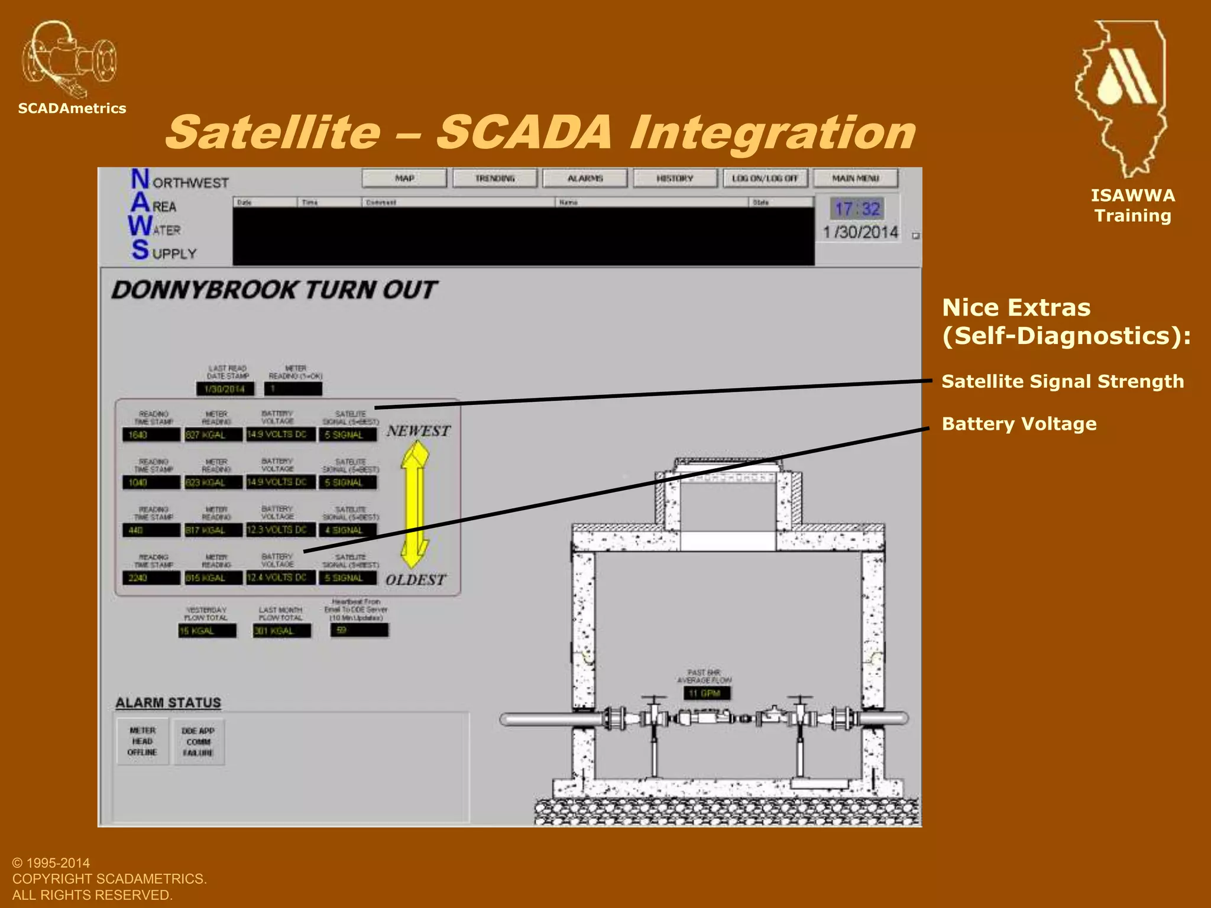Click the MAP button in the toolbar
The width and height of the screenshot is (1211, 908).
(x=404, y=178)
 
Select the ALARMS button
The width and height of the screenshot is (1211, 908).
(x=585, y=178)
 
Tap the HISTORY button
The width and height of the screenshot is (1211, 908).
(x=675, y=178)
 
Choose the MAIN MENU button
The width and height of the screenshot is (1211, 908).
(x=856, y=178)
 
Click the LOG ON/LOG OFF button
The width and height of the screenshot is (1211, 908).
(x=765, y=178)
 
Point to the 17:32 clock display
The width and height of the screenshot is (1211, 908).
(x=857, y=209)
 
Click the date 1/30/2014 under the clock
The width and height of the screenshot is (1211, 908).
(x=860, y=232)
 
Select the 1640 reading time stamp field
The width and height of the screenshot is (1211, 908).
(x=151, y=435)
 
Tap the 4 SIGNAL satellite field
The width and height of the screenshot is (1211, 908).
(x=348, y=530)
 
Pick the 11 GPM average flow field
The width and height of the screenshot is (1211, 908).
(x=707, y=693)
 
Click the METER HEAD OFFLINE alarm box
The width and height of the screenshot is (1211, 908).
(x=143, y=741)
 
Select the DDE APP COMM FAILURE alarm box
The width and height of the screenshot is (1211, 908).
(x=198, y=742)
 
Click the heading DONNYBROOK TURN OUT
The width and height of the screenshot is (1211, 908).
(x=274, y=290)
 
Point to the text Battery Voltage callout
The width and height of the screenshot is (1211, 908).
(x=1019, y=424)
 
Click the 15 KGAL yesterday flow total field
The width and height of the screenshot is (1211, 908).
(x=207, y=631)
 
